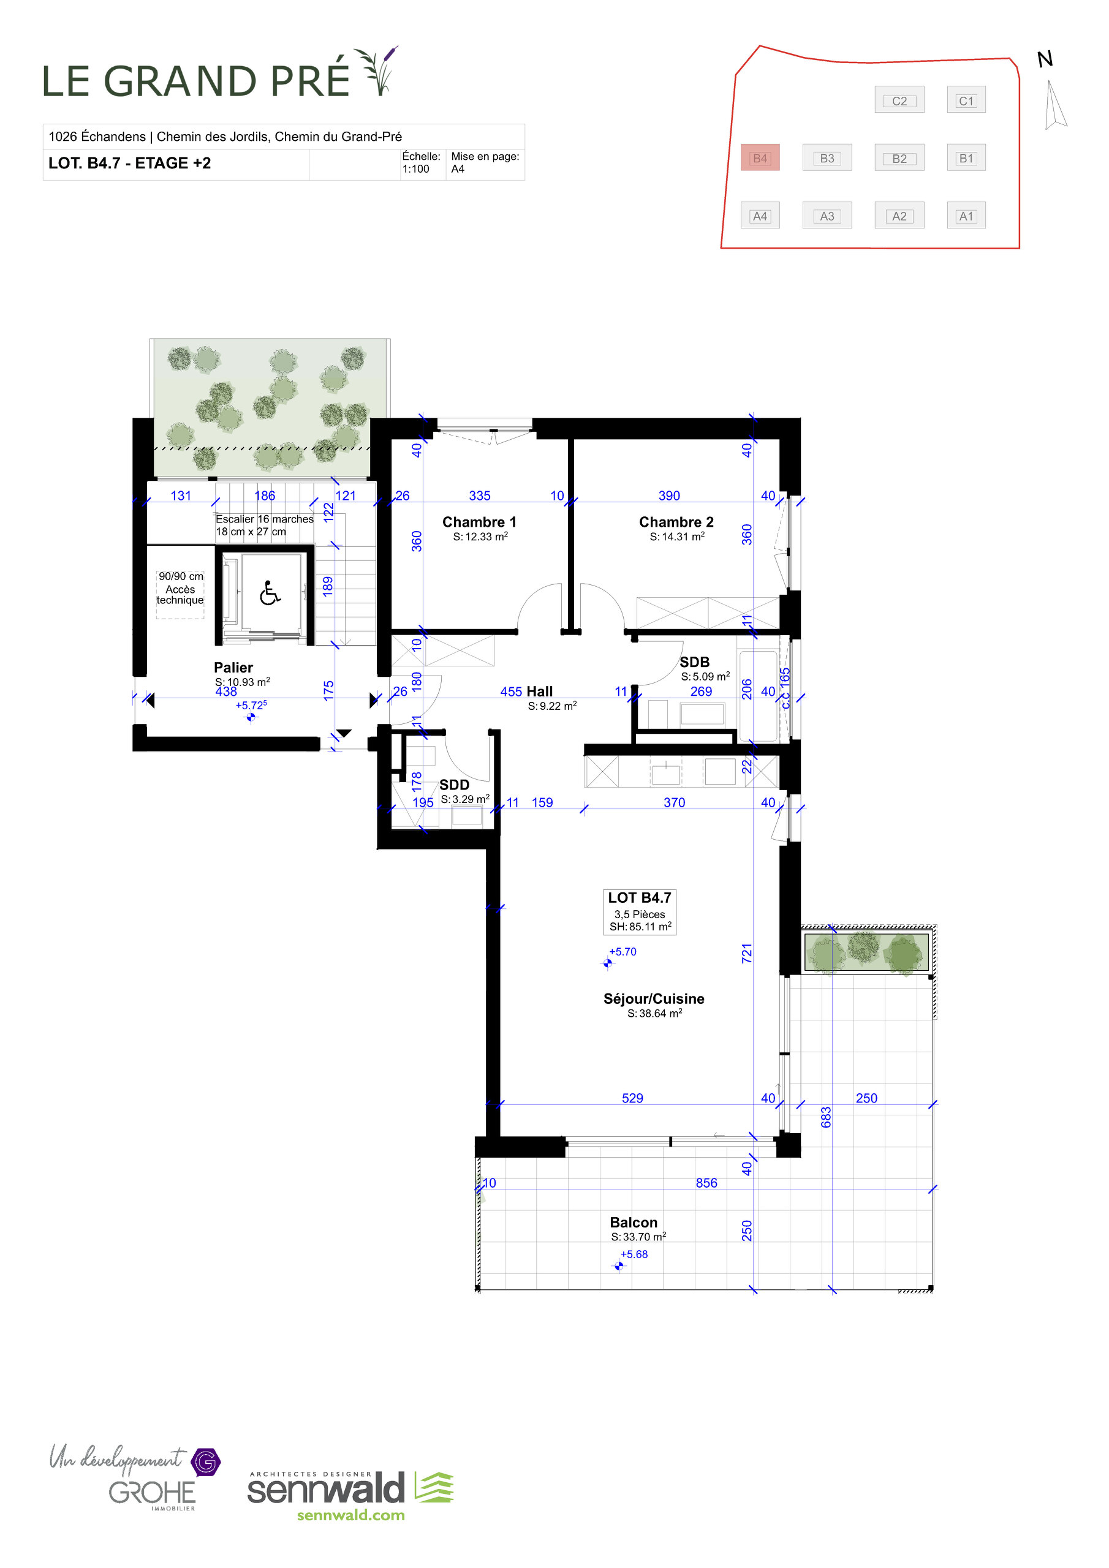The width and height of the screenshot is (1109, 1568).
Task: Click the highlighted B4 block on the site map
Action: coord(760,159)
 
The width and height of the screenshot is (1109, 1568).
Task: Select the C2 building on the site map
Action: coord(899,100)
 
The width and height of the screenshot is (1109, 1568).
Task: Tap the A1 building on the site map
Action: coord(966,216)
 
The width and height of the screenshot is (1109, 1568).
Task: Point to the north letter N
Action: coord(1045,60)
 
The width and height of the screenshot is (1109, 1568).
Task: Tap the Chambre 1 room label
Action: coord(479,522)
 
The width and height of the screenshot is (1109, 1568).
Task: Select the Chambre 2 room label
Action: coord(676,522)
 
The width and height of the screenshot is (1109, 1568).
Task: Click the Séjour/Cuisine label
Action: coord(653,998)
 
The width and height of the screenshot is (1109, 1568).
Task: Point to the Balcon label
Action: coord(634,1223)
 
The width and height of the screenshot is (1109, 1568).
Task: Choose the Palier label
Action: coord(233,667)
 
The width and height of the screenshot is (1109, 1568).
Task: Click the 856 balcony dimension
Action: coord(706,1183)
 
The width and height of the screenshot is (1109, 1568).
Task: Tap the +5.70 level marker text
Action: coord(623,951)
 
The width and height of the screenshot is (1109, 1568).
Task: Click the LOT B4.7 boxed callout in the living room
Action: coord(640,911)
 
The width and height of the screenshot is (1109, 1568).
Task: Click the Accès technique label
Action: coord(180,594)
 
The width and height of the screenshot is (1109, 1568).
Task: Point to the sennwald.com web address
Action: coord(350,1515)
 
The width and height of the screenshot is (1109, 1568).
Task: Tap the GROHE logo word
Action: coord(152,1493)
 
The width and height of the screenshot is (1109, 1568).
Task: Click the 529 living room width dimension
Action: coord(632,1098)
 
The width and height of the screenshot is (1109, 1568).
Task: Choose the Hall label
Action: coord(539,691)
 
